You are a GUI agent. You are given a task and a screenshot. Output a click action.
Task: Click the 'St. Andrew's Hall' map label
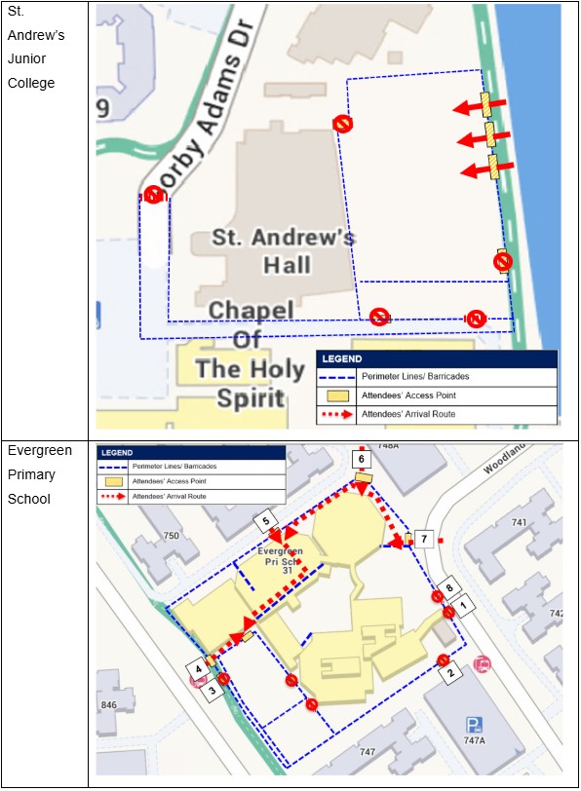[284, 250]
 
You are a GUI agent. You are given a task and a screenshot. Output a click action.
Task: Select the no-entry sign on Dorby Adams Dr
[153, 195]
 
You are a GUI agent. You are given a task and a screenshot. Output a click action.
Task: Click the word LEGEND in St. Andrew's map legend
[342, 358]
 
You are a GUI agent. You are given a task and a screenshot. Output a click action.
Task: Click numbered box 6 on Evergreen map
[362, 458]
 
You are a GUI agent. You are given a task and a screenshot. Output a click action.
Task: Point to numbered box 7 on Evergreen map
[423, 539]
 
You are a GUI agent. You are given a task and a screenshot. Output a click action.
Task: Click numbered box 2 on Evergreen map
[448, 672]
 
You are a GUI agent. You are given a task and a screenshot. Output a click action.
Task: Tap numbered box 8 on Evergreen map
[448, 588]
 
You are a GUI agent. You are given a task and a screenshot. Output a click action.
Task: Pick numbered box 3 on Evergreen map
[208, 684]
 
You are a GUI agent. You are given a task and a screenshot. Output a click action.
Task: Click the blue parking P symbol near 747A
[475, 724]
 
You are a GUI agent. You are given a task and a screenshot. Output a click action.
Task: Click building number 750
[171, 536]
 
